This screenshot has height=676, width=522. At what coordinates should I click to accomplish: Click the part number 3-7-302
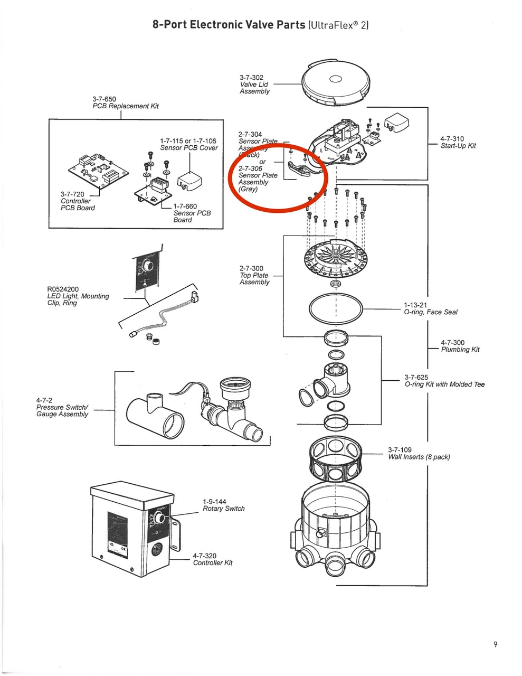(251, 78)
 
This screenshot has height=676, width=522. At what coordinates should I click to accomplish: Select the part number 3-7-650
(104, 99)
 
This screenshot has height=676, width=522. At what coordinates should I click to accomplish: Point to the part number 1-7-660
(185, 206)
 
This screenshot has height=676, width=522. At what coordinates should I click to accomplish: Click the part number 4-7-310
(452, 139)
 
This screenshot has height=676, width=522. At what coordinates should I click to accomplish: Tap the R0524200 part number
(63, 289)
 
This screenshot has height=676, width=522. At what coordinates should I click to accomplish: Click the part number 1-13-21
(415, 305)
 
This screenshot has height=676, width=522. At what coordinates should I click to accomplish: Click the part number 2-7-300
(251, 268)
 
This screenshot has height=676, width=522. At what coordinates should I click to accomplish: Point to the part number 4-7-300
(452, 343)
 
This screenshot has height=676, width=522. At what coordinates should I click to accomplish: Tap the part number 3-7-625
(416, 377)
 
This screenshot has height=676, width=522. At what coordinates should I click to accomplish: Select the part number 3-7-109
(400, 450)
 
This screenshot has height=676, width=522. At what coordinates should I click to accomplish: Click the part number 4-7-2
(44, 400)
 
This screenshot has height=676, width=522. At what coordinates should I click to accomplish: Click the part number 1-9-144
(214, 502)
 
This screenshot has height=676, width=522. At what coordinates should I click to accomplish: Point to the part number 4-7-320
(204, 556)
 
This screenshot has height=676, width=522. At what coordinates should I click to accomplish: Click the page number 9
(495, 644)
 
